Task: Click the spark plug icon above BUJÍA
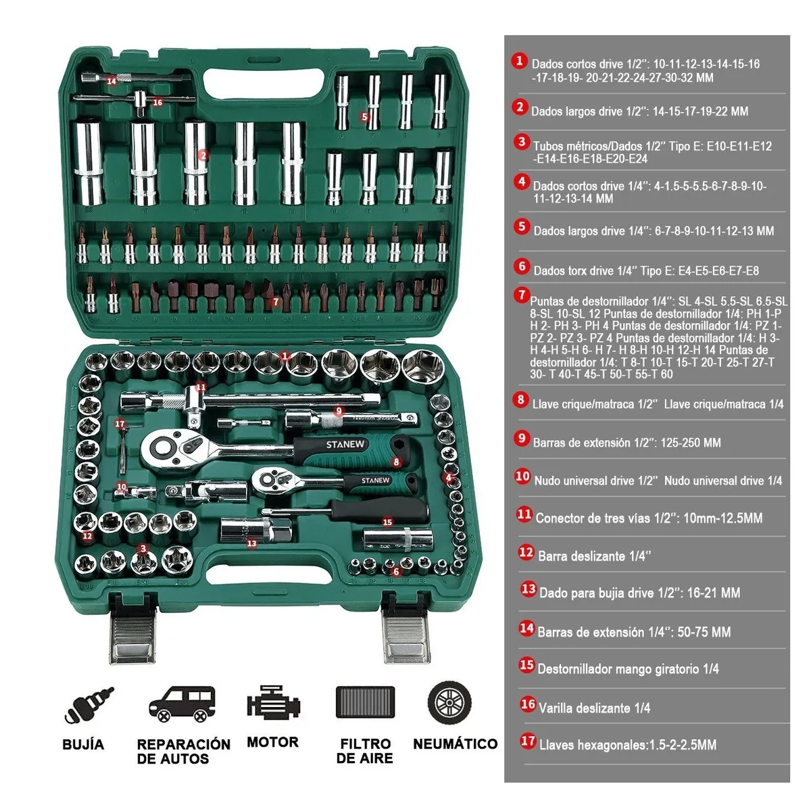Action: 89,706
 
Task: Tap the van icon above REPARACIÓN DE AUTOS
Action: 182,704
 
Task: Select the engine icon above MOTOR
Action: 272,704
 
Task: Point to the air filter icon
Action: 365,702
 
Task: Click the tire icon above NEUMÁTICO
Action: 449,702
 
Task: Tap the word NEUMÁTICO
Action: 455,744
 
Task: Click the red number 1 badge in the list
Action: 519,60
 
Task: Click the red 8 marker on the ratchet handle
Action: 397,462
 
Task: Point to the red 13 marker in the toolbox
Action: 252,543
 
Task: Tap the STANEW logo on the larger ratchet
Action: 345,445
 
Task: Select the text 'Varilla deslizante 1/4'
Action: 594,708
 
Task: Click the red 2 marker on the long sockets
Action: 203,155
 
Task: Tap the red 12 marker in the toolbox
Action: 87,536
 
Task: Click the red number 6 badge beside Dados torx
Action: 521,266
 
